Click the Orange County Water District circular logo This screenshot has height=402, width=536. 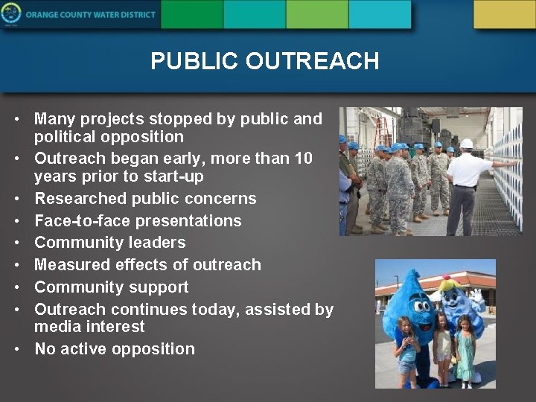click(11, 14)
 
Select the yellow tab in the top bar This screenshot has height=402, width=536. click(504, 14)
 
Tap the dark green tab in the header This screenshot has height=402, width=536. click(191, 14)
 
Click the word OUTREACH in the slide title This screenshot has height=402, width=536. click(313, 61)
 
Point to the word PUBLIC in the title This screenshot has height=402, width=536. click(195, 61)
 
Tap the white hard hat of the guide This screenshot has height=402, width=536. click(467, 143)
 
